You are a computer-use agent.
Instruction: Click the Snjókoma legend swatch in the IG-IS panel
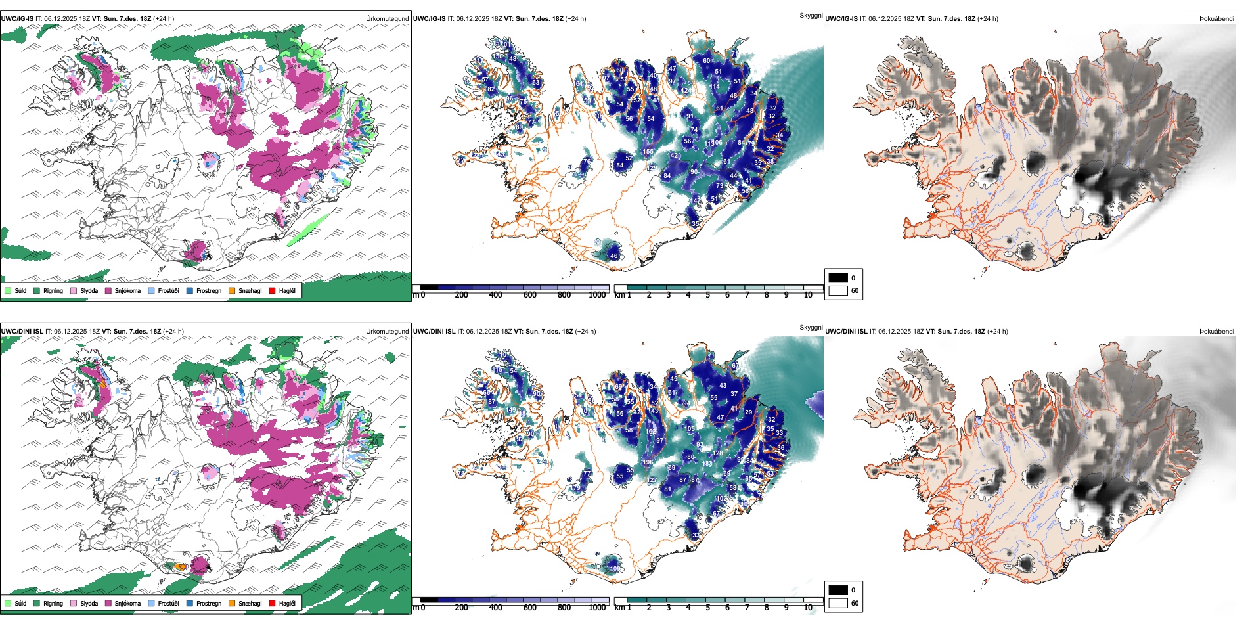click(x=108, y=290)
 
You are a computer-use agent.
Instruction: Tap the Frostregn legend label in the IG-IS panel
click(x=209, y=290)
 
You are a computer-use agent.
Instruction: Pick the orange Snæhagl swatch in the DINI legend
click(x=232, y=603)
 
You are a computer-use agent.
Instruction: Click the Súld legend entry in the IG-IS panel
click(x=20, y=290)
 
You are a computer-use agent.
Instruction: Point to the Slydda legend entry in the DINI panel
click(x=89, y=603)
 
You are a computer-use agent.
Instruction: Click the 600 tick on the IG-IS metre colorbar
click(x=529, y=295)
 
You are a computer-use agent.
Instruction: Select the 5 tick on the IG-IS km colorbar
click(x=707, y=295)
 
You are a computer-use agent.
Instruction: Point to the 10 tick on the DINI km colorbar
click(x=808, y=608)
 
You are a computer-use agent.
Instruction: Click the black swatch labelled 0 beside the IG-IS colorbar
click(x=838, y=278)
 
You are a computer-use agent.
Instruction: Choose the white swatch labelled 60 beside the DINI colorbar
click(x=838, y=603)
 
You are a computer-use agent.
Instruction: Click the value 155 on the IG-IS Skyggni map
click(x=648, y=152)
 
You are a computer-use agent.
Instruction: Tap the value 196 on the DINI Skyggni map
click(x=648, y=462)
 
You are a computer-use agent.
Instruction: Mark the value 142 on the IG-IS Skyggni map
click(x=673, y=156)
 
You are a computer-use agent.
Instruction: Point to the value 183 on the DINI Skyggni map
click(x=707, y=464)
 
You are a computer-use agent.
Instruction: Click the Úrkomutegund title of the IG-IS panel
click(x=387, y=19)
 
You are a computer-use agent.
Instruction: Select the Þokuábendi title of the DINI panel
click(x=1216, y=332)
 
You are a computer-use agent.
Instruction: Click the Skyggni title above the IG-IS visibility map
click(x=811, y=16)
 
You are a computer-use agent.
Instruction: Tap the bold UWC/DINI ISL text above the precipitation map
click(x=22, y=332)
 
